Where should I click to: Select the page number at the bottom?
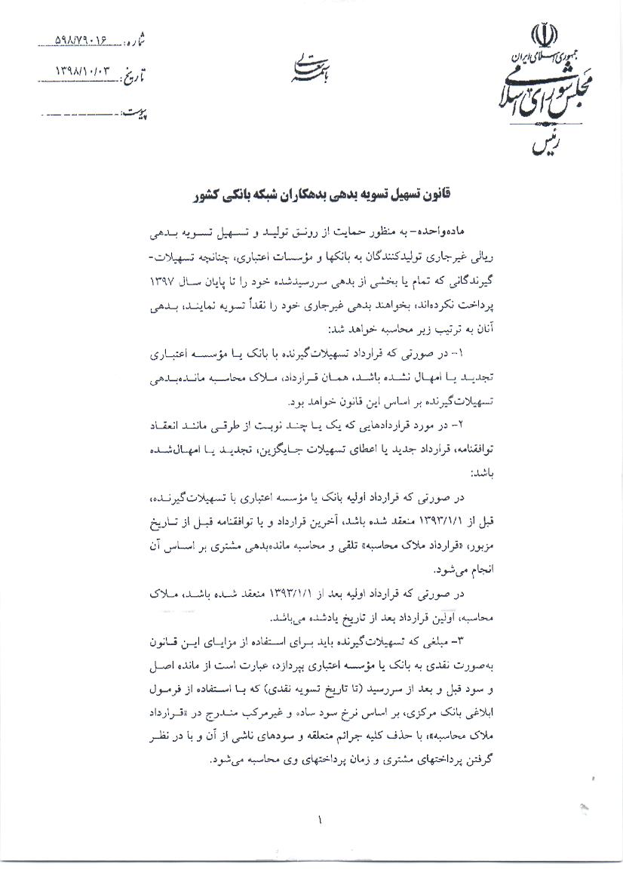tap(320, 818)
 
